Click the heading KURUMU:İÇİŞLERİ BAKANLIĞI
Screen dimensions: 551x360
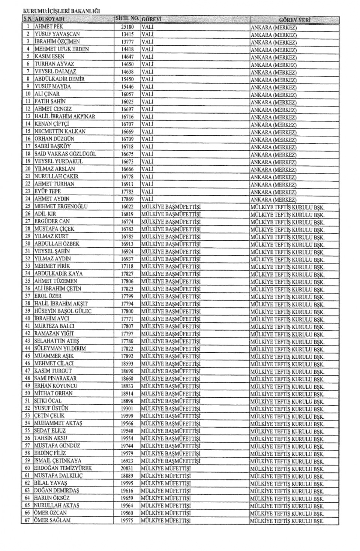pyautogui.click(x=61, y=12)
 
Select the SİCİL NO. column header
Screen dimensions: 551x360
pyautogui.click(x=127, y=19)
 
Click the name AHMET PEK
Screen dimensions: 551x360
pyautogui.click(x=49, y=27)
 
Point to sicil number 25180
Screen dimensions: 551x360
pyautogui.click(x=127, y=27)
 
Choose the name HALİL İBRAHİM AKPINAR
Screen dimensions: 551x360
pyautogui.click(x=65, y=117)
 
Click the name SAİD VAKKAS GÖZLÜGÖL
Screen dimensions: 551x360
pyautogui.click(x=65, y=154)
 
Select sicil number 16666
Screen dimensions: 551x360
pyautogui.click(x=127, y=169)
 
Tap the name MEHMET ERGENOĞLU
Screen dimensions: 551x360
pyautogui.click(x=61, y=207)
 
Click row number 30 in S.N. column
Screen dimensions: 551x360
pyautogui.click(x=28, y=244)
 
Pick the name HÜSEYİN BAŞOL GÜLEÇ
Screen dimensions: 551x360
pyautogui.click(x=63, y=311)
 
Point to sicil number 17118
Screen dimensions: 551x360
pyautogui.click(x=127, y=266)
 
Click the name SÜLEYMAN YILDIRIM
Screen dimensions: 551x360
pyautogui.click(x=60, y=349)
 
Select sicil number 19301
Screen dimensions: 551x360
pyautogui.click(x=127, y=409)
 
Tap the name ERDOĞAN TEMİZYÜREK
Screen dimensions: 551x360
pyautogui.click(x=63, y=468)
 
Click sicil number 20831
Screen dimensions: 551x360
pyautogui.click(x=127, y=469)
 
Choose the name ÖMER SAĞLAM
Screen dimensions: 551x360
pyautogui.click(x=52, y=520)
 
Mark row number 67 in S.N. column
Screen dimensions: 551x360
pyautogui.click(x=27, y=520)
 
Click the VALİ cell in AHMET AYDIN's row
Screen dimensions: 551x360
pyautogui.click(x=147, y=199)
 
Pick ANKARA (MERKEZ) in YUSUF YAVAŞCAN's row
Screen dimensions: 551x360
pyautogui.click(x=273, y=35)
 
